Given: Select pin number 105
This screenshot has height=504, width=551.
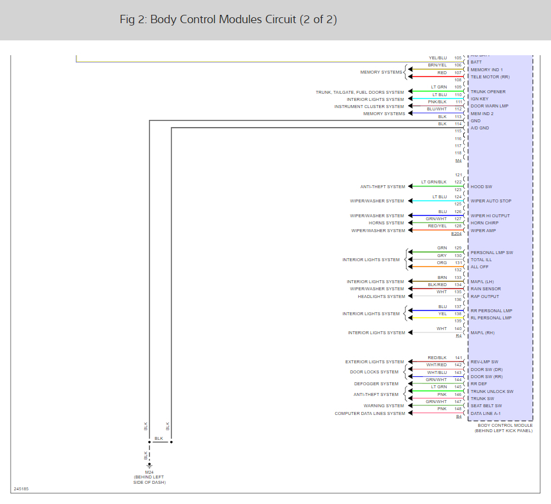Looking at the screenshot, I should click(458, 58).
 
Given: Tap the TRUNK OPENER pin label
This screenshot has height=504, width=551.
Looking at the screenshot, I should click(488, 91).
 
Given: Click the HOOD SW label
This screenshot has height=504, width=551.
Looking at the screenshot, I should click(480, 186).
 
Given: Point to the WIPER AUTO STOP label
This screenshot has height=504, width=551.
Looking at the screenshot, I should click(491, 201).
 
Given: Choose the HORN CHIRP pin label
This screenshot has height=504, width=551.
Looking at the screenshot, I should click(485, 223).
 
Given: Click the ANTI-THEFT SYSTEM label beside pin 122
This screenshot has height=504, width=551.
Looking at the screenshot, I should click(382, 186).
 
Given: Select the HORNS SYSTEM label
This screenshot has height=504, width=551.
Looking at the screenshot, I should click(386, 223).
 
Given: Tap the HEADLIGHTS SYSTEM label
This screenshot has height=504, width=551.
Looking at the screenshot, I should click(381, 296).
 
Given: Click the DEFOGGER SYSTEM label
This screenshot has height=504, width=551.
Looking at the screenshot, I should click(377, 384).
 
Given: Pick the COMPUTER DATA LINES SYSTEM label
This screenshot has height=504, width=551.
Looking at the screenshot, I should click(370, 413).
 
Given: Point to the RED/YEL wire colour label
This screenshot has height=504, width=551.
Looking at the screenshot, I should click(438, 226).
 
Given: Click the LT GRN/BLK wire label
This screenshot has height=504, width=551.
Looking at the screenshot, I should click(434, 182).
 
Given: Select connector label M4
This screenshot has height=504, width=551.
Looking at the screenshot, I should click(458, 160).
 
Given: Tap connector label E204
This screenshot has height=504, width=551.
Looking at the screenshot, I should click(456, 234).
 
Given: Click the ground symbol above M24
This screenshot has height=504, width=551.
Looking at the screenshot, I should click(149, 466).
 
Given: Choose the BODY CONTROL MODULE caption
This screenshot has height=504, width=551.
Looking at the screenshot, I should click(505, 425).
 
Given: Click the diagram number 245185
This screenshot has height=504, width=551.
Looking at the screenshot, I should click(21, 489).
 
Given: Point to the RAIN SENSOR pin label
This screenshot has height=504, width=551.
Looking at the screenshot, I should click(486, 289).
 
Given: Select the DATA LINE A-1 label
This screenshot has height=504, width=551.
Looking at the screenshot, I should click(486, 413).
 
